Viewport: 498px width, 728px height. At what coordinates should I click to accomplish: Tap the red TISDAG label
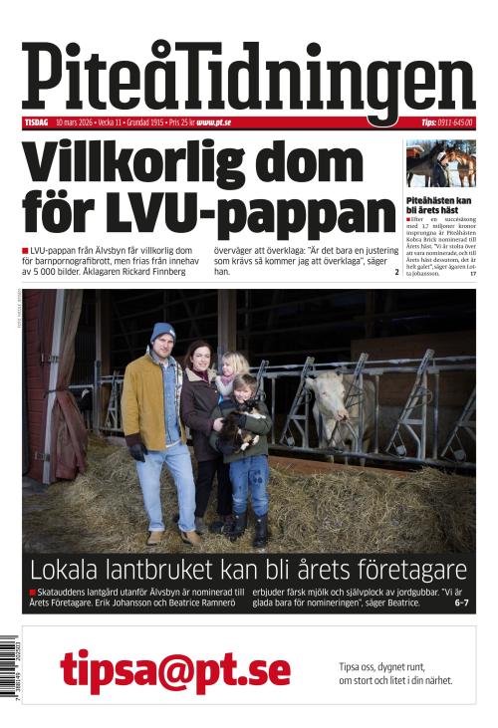pos(37,122)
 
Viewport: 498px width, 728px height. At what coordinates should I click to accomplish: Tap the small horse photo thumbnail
pos(440,163)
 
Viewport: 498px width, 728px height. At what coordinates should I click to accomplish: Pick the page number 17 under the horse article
pos(472,273)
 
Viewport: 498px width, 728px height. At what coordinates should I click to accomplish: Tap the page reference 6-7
pos(461,604)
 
